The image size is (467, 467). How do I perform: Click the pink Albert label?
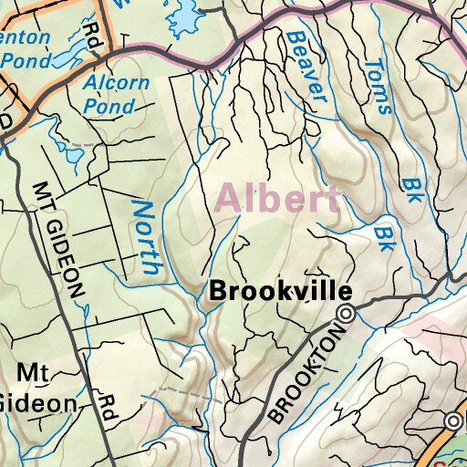[278, 198]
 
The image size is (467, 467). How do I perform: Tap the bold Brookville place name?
[280, 292]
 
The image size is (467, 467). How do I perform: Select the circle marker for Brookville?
[347, 315]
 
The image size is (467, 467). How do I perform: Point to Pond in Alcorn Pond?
[109, 105]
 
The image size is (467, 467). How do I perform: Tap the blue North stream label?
[147, 237]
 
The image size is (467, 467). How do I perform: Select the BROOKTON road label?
[305, 375]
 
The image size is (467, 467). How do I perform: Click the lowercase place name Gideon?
[36, 402]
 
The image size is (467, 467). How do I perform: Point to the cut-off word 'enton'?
[27, 39]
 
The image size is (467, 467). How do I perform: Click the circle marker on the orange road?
[453, 420]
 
